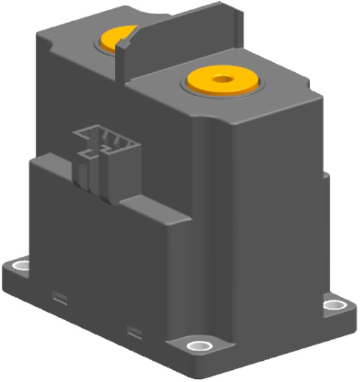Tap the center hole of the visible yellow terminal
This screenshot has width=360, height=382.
(222, 78)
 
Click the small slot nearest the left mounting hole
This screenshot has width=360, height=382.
(59, 296)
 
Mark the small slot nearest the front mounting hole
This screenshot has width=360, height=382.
(135, 331)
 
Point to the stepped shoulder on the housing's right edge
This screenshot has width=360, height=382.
(325, 176)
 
